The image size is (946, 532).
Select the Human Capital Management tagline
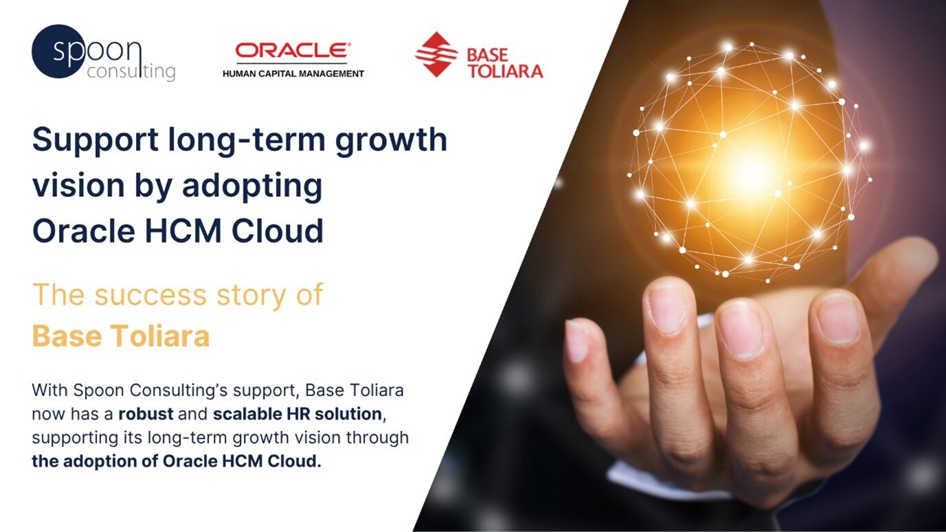[x=293, y=73]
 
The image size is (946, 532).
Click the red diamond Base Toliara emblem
[x=436, y=54]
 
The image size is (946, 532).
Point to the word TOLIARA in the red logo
[x=505, y=71]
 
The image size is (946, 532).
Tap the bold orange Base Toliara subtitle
[x=121, y=337]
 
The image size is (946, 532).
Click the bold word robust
[x=142, y=414]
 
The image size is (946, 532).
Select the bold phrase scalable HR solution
[x=297, y=414]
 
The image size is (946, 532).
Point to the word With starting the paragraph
[x=46, y=391]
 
